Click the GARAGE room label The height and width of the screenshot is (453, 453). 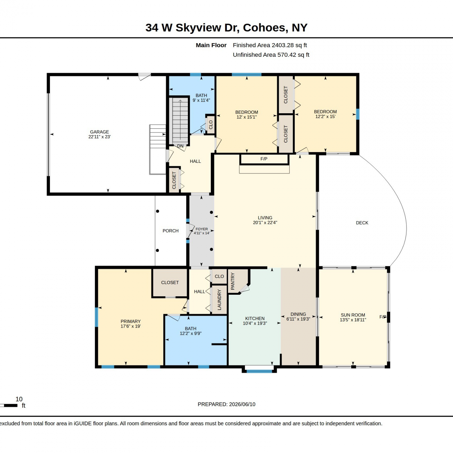99,132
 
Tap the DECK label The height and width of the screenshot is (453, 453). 362,223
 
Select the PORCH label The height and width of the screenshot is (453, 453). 171,231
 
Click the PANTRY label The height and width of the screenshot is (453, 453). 233,281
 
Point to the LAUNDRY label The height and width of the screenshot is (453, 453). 219,300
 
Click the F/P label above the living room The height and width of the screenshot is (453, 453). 264,159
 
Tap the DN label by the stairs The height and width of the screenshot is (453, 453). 180,146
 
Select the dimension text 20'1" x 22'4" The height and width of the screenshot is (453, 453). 265,223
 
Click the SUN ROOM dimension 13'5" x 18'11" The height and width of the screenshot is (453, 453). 353,320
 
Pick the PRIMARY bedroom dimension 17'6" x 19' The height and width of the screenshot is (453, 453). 131,326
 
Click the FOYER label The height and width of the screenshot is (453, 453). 202,229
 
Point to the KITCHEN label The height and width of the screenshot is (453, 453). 255,319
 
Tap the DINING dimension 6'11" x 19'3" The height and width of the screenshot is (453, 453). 298,319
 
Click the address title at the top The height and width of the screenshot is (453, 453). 226,28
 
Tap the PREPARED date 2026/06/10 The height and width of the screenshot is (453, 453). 242,404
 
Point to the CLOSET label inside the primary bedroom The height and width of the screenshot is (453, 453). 170,283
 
